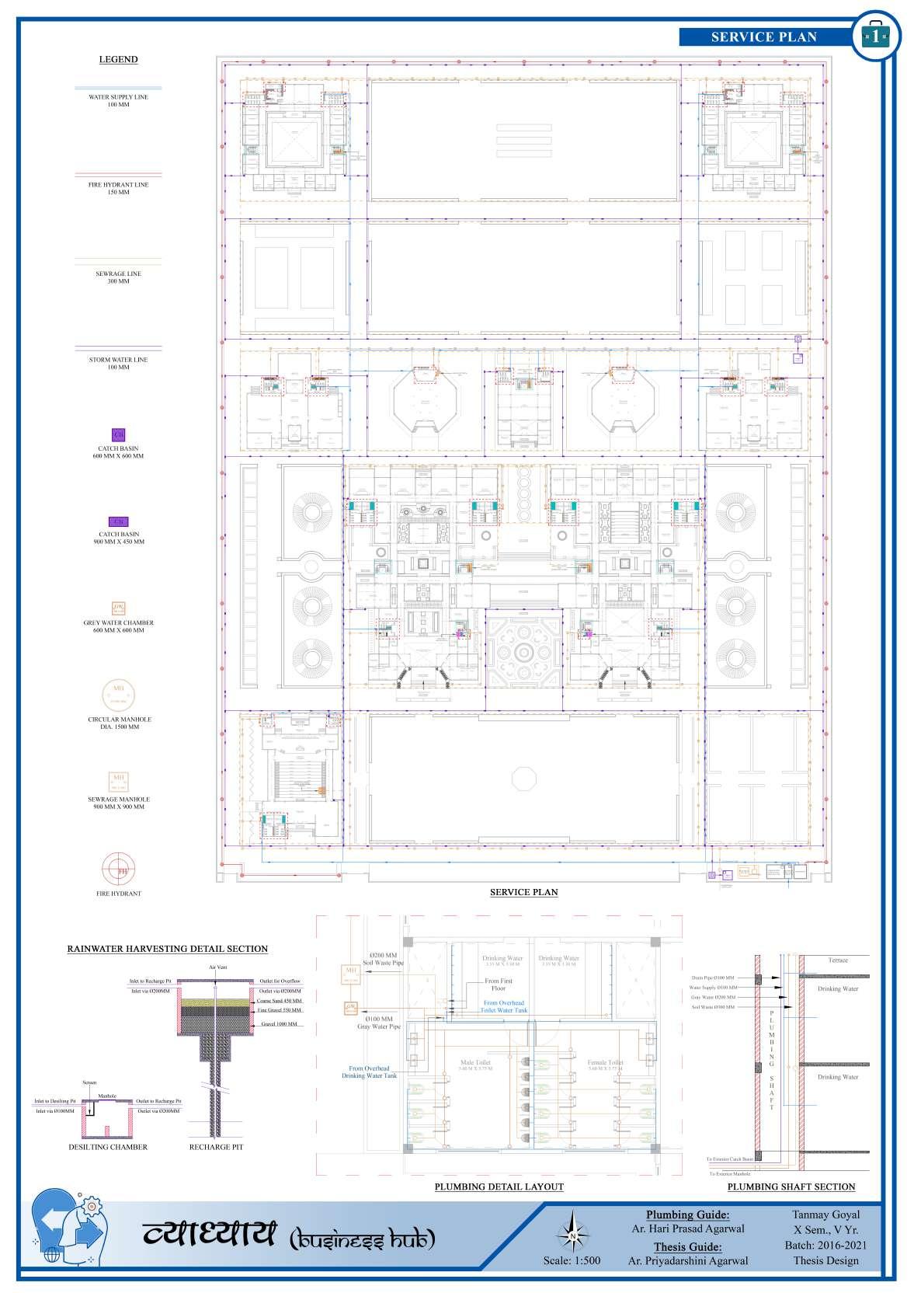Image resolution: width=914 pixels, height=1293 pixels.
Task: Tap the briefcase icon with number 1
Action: (x=876, y=35)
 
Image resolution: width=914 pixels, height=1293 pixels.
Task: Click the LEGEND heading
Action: (x=118, y=59)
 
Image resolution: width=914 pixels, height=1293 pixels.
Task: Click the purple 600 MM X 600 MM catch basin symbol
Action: (x=118, y=434)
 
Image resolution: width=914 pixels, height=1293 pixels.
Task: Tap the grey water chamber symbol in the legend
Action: (x=118, y=608)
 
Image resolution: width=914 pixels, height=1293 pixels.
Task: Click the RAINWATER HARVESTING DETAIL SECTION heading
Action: (x=168, y=949)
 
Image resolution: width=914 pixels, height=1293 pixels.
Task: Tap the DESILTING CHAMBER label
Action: (x=108, y=1147)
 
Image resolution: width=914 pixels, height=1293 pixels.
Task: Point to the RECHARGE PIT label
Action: (x=216, y=1147)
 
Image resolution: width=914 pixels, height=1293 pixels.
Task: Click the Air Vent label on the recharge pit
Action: (x=217, y=967)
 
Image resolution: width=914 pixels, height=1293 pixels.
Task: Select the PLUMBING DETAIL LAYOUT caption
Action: (x=499, y=1187)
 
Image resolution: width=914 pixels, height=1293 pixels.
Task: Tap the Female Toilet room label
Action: (x=605, y=1062)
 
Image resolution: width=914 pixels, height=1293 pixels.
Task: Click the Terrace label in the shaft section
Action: (x=838, y=960)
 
